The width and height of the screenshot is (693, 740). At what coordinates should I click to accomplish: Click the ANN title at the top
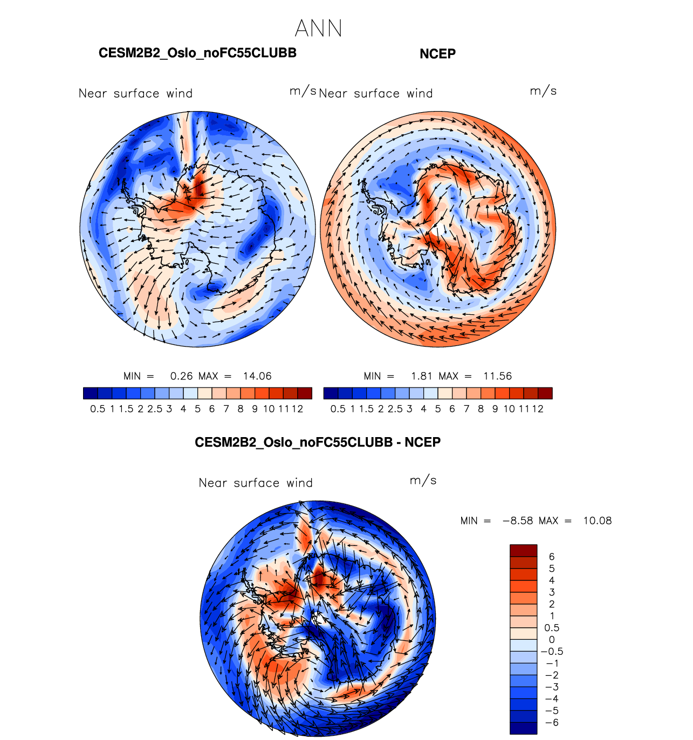click(x=319, y=29)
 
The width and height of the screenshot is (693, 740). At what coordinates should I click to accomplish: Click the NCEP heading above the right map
click(x=437, y=54)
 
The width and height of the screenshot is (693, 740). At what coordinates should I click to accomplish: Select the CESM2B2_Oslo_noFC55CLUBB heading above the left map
click(x=197, y=53)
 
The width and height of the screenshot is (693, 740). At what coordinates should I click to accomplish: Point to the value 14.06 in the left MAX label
click(x=257, y=376)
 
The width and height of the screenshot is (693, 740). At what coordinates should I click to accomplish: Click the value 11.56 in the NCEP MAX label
click(x=497, y=376)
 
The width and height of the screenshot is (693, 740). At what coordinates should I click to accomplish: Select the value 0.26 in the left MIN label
click(x=181, y=376)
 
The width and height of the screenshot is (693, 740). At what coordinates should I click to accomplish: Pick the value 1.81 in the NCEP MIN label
click(x=422, y=376)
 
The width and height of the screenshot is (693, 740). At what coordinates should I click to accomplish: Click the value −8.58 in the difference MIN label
click(x=518, y=521)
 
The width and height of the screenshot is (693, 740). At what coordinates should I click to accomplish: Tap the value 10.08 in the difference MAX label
click(x=598, y=521)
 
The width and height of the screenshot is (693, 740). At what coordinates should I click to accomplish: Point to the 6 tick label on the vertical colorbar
click(x=552, y=557)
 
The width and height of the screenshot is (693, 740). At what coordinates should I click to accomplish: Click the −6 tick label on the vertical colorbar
click(x=552, y=723)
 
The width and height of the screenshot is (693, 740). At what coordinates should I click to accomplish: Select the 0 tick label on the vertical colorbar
click(x=552, y=640)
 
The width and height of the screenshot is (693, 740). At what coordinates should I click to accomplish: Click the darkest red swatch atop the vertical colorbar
click(x=523, y=550)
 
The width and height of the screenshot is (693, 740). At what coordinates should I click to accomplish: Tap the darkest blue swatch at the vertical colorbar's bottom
click(x=523, y=728)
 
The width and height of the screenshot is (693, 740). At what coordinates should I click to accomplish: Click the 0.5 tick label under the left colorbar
click(x=98, y=409)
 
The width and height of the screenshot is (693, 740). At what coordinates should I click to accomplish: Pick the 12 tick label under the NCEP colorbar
click(x=538, y=409)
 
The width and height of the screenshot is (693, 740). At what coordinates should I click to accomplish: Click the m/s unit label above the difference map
click(x=423, y=480)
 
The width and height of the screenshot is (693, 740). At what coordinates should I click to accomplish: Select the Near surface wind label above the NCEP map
click(x=376, y=94)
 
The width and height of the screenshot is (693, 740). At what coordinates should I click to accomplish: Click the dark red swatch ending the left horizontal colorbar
click(x=305, y=393)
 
